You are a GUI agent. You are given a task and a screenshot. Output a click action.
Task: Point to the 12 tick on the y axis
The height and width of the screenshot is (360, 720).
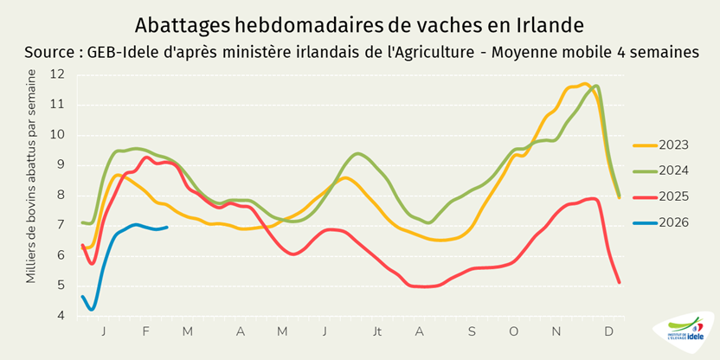tap(58, 74)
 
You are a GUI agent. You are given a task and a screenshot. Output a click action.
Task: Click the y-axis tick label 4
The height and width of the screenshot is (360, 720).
tap(61, 316)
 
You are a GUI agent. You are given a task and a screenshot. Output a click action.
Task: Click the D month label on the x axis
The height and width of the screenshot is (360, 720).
tap(609, 331)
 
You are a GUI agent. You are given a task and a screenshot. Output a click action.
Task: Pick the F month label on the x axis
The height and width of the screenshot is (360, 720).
tap(145, 331)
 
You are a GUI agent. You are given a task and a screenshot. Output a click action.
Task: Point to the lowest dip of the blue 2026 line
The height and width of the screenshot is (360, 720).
tap(91, 309)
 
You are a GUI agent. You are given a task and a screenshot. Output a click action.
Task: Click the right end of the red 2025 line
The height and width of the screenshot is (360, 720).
tap(620, 282)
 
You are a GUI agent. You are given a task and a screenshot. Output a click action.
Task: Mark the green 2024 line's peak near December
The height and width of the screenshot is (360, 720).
tap(596, 87)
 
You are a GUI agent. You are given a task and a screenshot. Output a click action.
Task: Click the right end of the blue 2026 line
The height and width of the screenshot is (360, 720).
tap(166, 228)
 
